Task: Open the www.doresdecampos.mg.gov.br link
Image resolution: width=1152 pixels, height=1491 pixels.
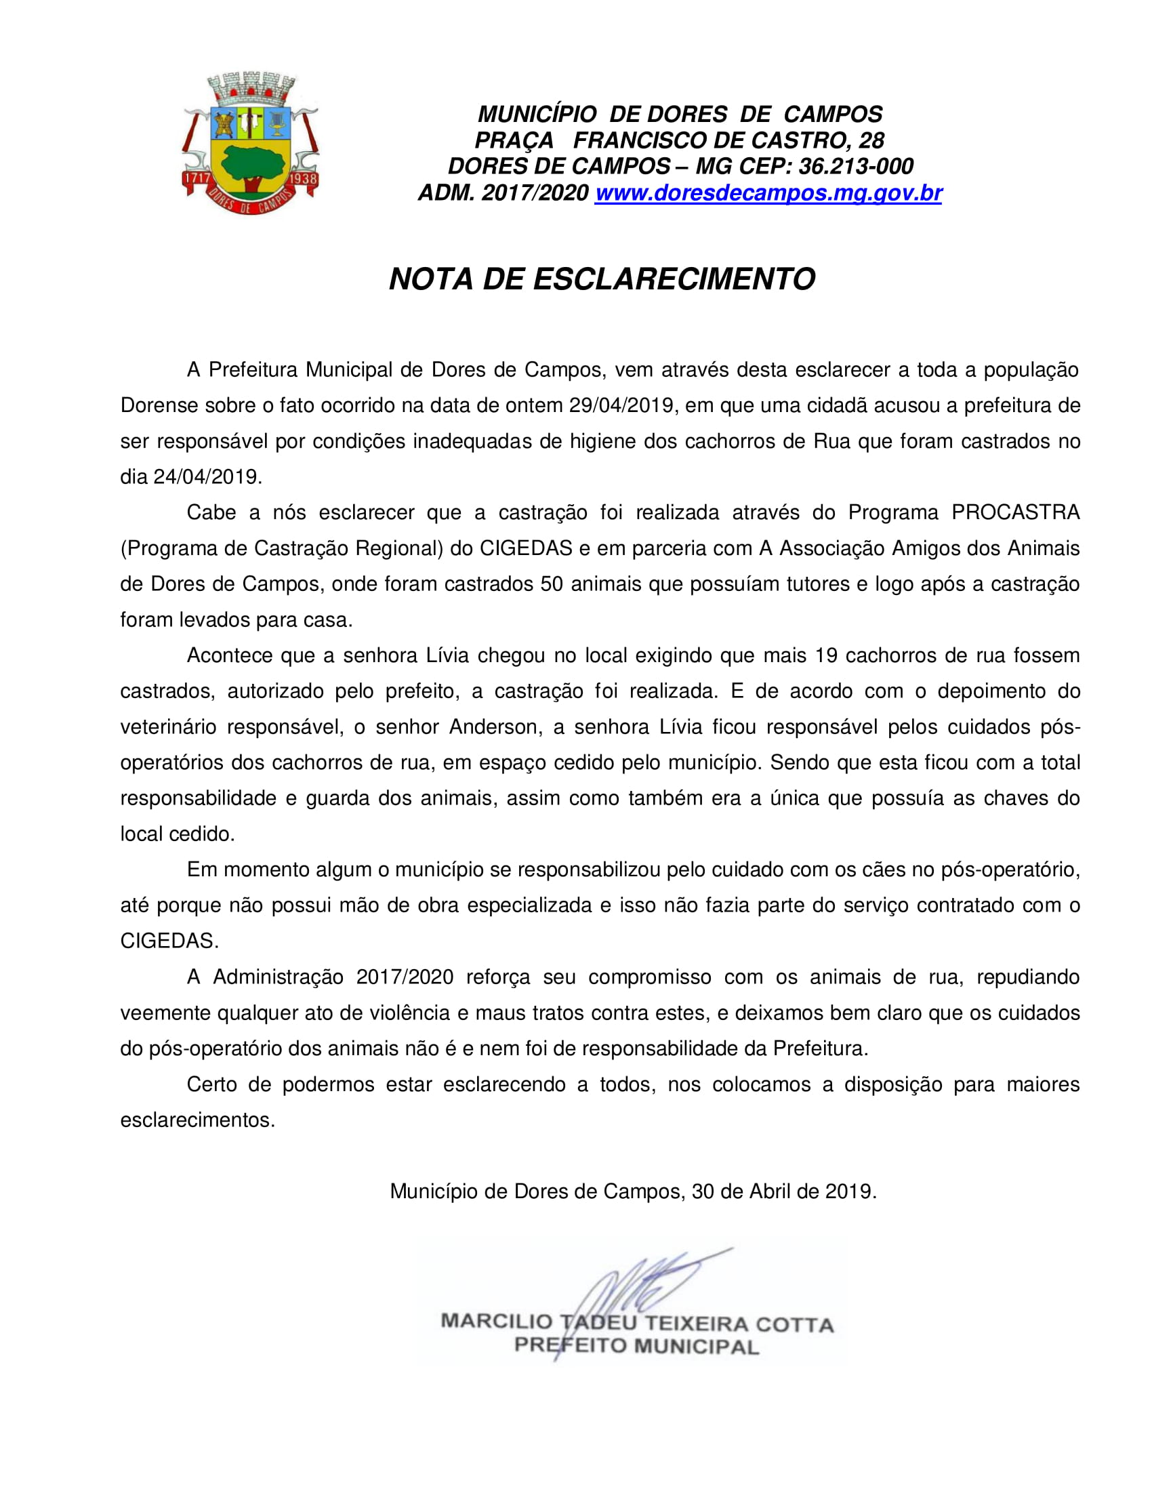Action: (x=768, y=193)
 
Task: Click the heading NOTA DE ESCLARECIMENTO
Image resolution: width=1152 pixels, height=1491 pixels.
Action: (x=602, y=279)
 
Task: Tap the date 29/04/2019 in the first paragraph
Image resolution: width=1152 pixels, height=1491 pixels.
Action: (x=622, y=405)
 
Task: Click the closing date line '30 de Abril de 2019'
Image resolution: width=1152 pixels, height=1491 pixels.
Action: (x=783, y=1191)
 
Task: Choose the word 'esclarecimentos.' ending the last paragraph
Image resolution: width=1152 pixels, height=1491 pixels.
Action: (x=197, y=1120)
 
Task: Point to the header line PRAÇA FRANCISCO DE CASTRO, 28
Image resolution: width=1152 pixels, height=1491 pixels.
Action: (x=679, y=140)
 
